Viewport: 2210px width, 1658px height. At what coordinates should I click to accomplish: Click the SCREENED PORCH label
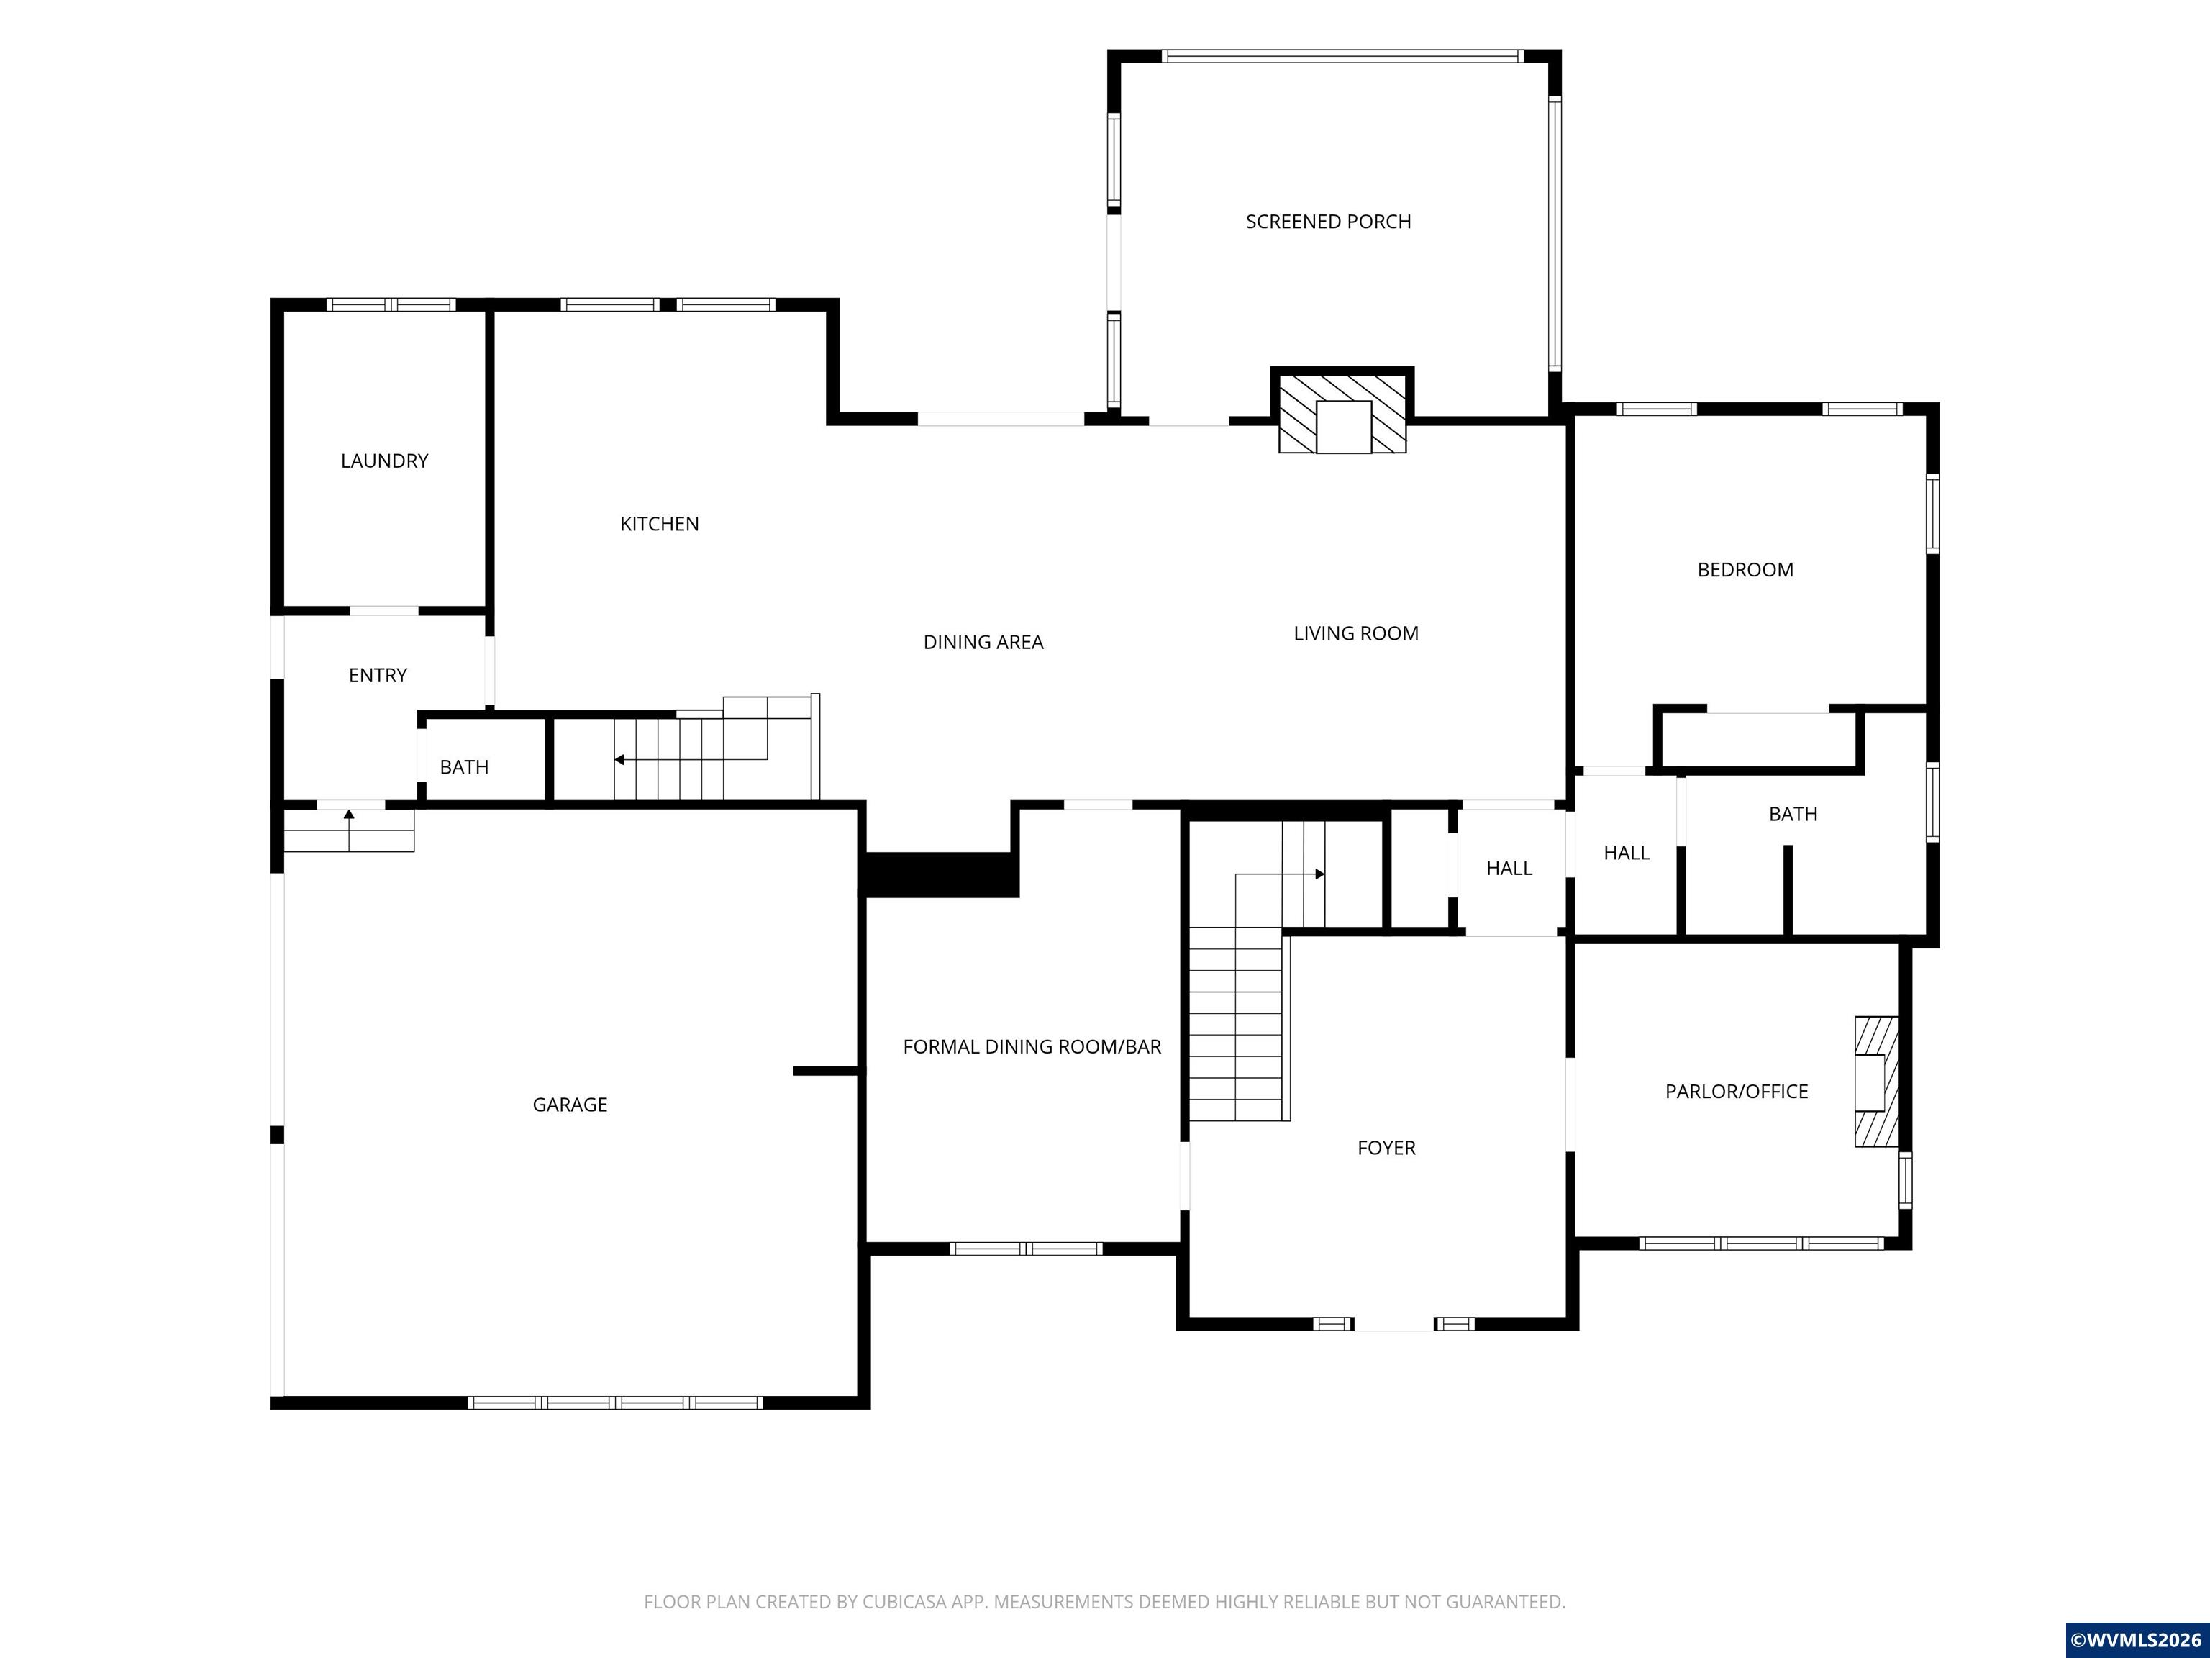pos(1328,222)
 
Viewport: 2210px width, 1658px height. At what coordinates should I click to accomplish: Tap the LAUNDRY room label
pos(385,461)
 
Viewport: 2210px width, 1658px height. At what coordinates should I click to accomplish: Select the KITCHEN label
pos(660,524)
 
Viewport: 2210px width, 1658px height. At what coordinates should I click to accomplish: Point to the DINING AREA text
pos(983,643)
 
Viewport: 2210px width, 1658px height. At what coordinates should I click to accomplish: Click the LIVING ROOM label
pos(1356,633)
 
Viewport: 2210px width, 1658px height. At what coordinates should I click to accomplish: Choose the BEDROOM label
pos(1745,570)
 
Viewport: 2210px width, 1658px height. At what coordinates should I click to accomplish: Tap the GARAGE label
pos(570,1105)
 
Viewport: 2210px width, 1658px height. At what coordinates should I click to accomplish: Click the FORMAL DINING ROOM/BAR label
pos(1032,1046)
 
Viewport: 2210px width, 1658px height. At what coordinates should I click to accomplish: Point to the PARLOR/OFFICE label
pos(1737,1092)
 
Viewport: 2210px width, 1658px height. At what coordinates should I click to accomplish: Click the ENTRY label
pos(378,676)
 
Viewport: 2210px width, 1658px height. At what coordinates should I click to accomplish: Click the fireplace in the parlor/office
pos(1876,1082)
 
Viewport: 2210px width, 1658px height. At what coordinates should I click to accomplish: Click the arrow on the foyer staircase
pos(1280,874)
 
